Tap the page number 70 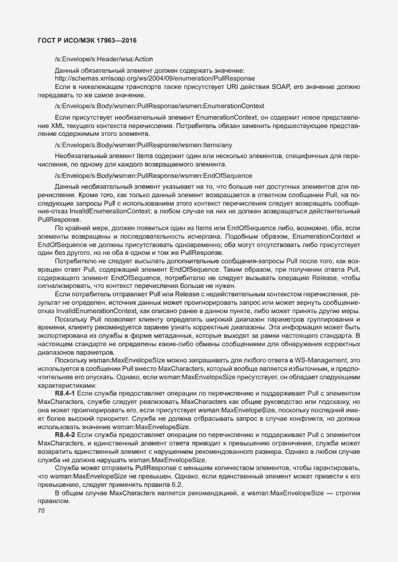point(42,511)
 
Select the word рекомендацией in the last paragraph point(211,493)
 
